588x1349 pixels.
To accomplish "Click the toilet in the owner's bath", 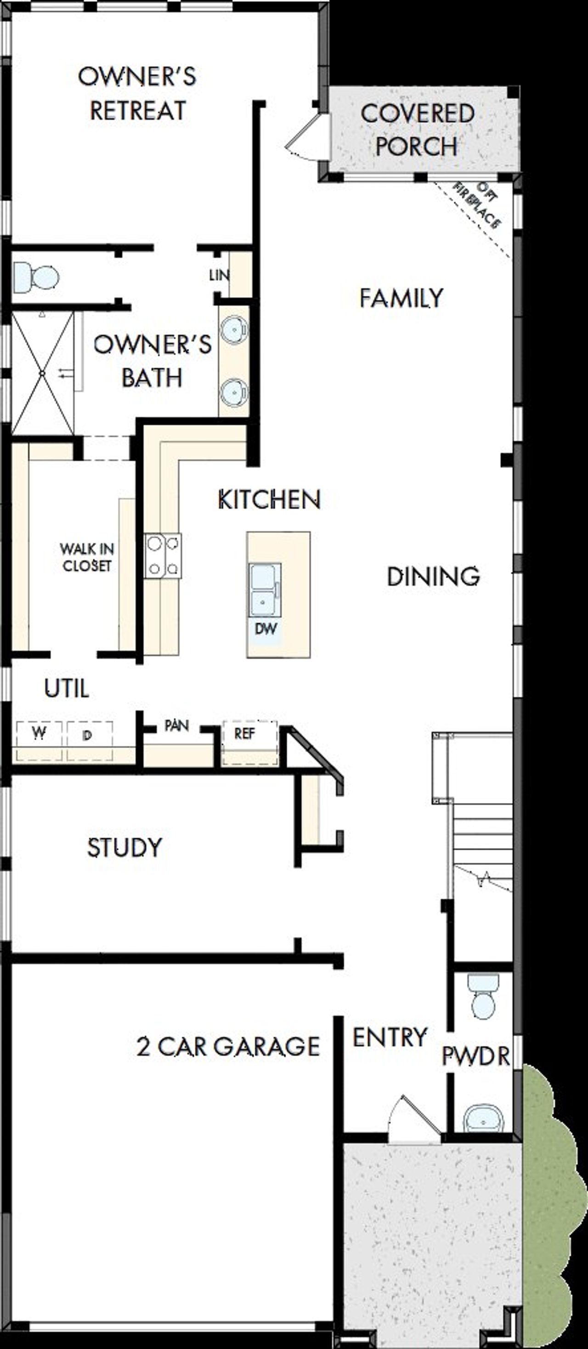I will coord(36,277).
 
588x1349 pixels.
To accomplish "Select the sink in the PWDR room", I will coord(483,1120).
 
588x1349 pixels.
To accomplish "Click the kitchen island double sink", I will coord(265,589).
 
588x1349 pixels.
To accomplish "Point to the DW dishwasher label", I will coord(266,629).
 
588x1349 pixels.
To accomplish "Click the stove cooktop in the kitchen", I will coord(163,555).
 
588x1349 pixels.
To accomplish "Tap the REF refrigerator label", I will coord(244,734).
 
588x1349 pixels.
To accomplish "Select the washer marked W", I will coord(39,734).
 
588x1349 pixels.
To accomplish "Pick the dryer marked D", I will coord(88,735).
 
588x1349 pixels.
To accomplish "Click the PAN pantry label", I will coord(176,726).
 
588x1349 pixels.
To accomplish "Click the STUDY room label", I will coord(124,848).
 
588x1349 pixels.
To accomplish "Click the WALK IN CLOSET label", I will coord(86,557).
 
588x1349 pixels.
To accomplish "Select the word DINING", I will coord(433,577).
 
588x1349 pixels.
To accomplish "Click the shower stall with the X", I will coord(42,373).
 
